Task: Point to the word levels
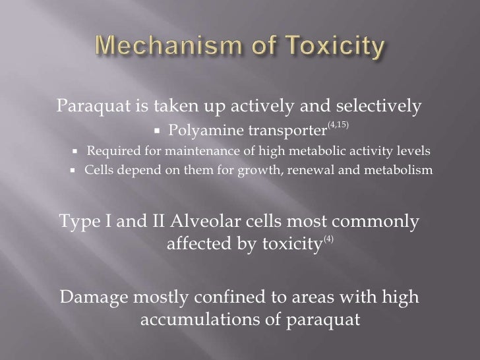417,150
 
